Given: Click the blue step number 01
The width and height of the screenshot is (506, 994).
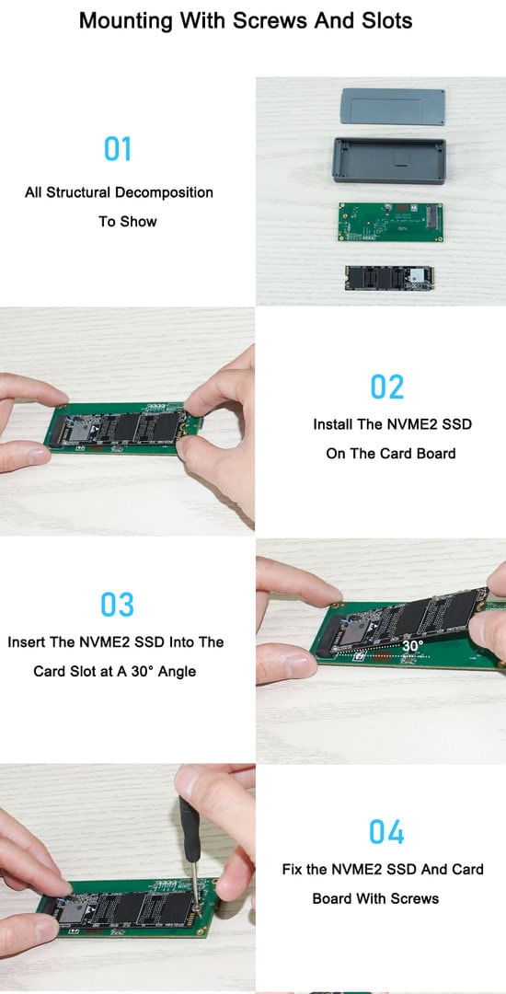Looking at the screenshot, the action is pos(118,149).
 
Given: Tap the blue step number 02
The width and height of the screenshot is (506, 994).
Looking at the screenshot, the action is pos(387,387).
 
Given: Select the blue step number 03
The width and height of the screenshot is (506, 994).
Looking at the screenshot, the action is pos(118,605).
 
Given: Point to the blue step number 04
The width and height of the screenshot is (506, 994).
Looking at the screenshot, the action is pos(387,832).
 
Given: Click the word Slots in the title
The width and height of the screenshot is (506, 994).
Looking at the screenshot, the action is pos(387,20).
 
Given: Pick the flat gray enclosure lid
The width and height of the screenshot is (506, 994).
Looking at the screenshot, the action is pos(393,107).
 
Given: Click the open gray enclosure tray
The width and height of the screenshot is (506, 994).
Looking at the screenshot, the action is pos(389,160).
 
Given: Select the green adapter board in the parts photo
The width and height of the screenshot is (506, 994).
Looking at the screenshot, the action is pos(390,223).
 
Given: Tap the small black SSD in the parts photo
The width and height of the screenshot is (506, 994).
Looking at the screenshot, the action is pos(389,278).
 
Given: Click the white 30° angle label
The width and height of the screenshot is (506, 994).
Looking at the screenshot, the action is pos(413,645).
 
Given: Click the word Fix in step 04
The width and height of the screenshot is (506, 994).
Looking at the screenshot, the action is pos(292,869).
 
